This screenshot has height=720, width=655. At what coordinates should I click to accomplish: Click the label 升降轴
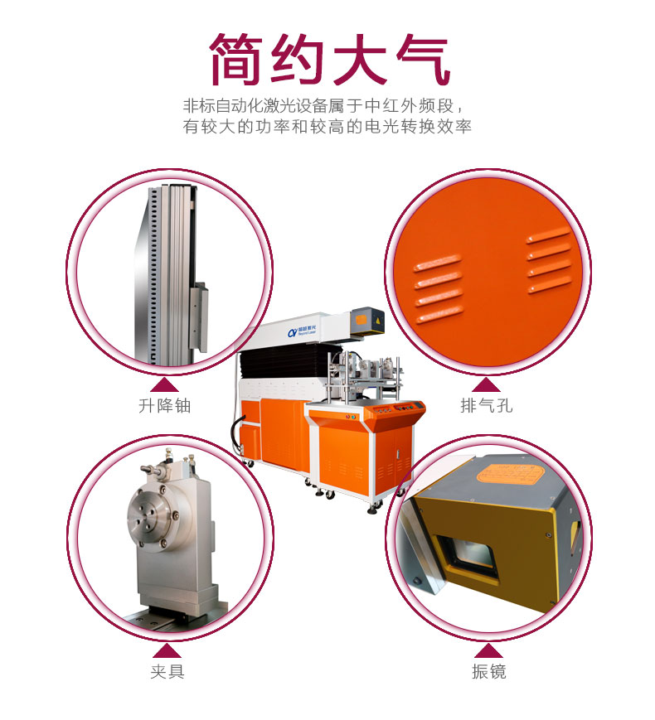pos(170,406)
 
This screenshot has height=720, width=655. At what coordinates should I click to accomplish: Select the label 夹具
pos(167,671)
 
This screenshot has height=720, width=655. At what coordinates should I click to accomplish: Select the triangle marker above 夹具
pos(166,649)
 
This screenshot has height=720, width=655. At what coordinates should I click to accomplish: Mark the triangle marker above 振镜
pos(486,649)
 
